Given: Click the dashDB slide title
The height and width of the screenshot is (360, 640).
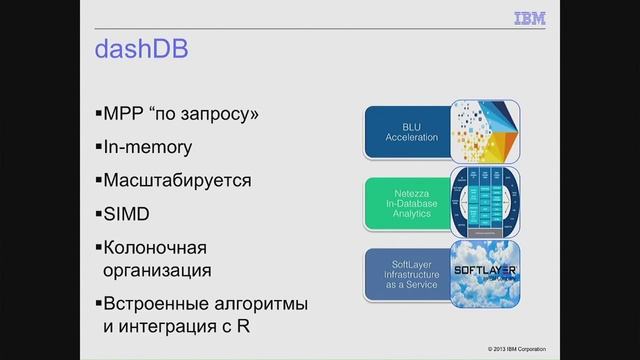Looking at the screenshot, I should pos(143,48).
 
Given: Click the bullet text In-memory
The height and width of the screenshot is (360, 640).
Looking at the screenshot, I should pos(150,147).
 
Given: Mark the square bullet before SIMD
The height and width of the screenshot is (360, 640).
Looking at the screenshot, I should pos(99,214).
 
